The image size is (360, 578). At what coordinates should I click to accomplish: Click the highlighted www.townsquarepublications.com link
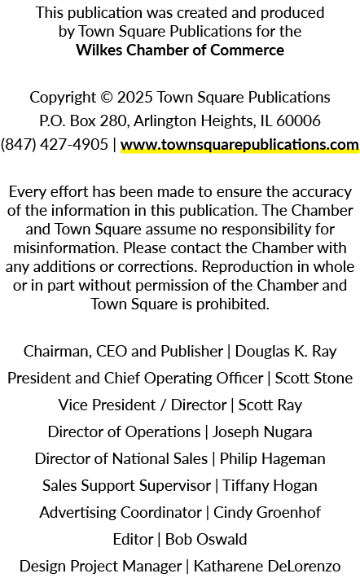(x=239, y=145)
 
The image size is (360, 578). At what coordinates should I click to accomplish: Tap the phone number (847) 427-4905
(x=55, y=144)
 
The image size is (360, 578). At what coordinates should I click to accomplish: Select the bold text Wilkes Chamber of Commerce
(x=180, y=50)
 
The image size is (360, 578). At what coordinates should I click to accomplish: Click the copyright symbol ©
(x=106, y=98)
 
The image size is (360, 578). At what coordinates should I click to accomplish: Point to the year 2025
(x=135, y=98)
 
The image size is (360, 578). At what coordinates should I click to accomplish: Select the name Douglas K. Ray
(x=286, y=352)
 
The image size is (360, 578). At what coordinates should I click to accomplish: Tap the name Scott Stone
(x=314, y=379)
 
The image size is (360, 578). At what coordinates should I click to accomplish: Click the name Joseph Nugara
(x=262, y=432)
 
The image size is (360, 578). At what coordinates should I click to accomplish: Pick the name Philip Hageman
(x=273, y=459)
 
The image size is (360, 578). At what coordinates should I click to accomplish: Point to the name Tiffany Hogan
(x=270, y=486)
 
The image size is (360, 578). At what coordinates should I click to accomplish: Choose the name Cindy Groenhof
(x=267, y=513)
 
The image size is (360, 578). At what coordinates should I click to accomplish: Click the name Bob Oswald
(x=206, y=539)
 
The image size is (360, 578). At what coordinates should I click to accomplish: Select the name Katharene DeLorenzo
(x=267, y=567)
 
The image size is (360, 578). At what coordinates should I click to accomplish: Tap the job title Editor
(x=133, y=539)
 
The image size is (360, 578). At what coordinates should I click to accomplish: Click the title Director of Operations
(x=124, y=432)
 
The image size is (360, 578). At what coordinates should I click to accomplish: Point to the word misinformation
(x=66, y=247)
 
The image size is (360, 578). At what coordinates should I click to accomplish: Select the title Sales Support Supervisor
(x=126, y=486)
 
